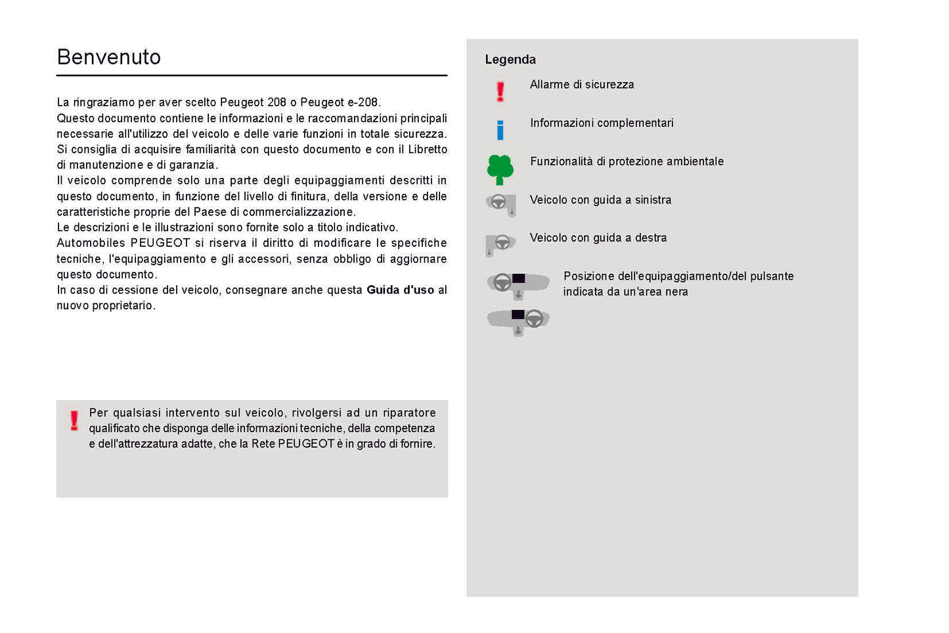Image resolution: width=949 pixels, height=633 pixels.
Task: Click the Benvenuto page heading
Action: [109, 57]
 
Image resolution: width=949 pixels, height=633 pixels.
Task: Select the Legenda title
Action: [510, 60]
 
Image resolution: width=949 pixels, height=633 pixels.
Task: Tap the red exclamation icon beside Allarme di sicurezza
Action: [500, 91]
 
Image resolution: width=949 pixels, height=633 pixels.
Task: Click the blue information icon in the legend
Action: [500, 130]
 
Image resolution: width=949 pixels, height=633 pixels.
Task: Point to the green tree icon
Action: [500, 169]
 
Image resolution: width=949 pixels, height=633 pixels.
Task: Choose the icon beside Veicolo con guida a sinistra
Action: [501, 204]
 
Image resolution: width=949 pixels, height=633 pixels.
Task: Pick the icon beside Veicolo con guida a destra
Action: [500, 244]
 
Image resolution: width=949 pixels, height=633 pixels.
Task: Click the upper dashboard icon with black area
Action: [518, 284]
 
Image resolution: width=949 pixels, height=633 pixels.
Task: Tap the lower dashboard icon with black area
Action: [518, 320]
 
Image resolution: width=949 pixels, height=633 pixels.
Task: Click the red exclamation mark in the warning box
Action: [74, 420]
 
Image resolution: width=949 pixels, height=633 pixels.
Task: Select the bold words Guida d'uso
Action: [400, 290]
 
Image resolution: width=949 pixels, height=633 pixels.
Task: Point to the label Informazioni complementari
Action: [602, 123]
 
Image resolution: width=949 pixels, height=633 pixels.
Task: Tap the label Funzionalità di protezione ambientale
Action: [627, 162]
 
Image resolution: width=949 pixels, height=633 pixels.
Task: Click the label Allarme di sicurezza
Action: [582, 85]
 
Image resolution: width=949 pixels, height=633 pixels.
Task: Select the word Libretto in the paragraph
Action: [428, 150]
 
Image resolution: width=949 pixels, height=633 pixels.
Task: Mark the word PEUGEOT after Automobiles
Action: [160, 243]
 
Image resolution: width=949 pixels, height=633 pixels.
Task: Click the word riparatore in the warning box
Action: [409, 413]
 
